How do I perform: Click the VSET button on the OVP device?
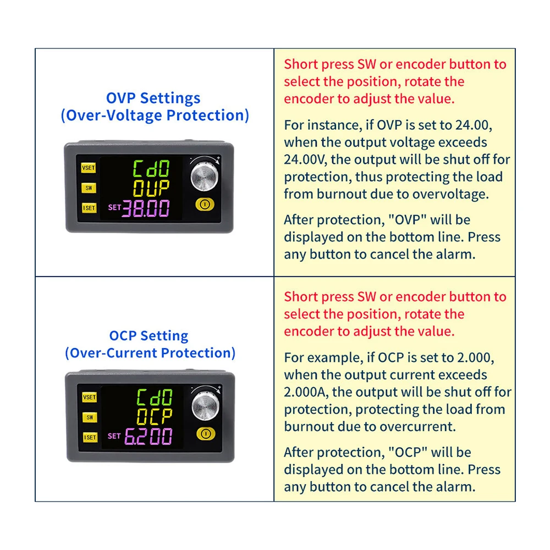89,168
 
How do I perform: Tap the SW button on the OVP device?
89,188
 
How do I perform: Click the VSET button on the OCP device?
90,397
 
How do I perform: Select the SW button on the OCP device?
90,417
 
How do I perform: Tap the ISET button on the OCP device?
90,437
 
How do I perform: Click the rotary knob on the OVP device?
205,177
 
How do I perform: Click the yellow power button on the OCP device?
206,434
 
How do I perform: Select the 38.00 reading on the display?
146,208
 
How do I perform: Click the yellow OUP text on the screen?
151,188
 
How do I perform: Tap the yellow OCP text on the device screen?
155,417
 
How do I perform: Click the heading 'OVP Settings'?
153,98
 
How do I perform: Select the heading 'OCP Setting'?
148,336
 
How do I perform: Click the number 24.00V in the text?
305,159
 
